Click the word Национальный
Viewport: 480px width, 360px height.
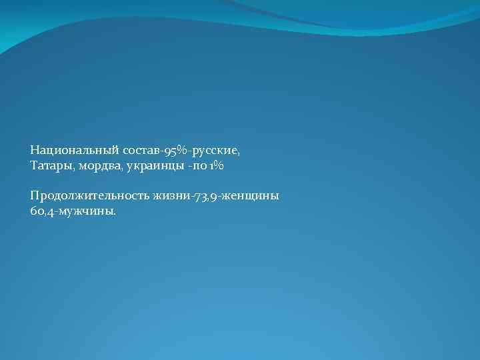65,151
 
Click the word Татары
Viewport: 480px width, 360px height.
51,164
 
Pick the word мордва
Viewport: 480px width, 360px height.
99,164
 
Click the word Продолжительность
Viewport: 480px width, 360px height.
89,196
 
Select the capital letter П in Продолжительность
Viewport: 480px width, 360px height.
34,196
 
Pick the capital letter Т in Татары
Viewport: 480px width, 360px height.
33,164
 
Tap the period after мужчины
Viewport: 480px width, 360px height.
114,213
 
